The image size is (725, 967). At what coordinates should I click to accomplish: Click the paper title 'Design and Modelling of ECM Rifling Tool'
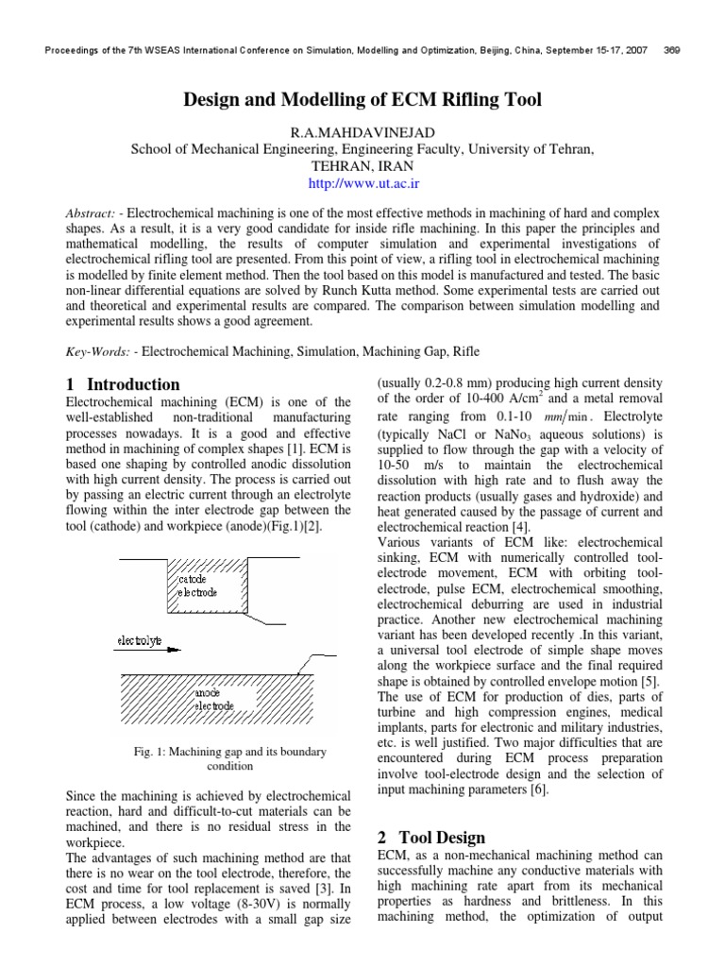[362, 100]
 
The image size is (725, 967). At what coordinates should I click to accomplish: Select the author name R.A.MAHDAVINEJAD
[362, 133]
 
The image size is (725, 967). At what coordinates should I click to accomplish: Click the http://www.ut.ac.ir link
[362, 178]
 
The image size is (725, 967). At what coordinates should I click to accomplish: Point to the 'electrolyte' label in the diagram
[139, 640]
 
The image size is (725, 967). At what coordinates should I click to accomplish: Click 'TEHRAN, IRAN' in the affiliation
[362, 163]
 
